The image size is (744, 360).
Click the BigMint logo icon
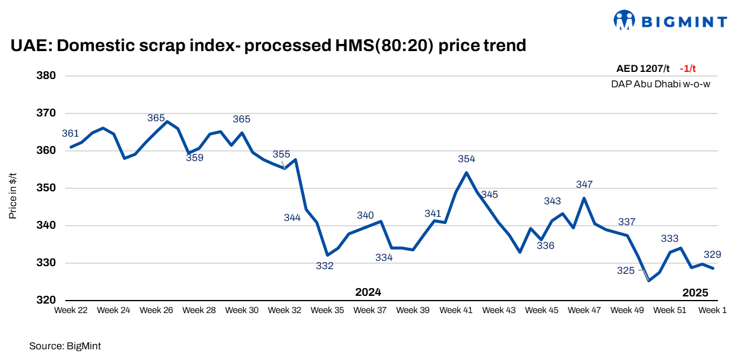click(625, 21)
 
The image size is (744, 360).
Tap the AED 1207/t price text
click(642, 69)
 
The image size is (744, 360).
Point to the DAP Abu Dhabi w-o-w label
click(660, 84)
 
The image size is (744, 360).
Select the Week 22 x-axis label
click(71, 310)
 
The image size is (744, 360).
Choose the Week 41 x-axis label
click(456, 310)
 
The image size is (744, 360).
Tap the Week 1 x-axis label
click(712, 310)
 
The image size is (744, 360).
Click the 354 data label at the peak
click(466, 159)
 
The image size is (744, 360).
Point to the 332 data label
click(325, 266)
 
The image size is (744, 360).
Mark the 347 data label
click(584, 185)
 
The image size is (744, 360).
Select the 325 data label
click(625, 271)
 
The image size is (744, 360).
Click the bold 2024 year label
click(368, 292)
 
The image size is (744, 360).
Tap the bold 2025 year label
click(695, 292)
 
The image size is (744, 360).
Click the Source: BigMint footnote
click(61, 345)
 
